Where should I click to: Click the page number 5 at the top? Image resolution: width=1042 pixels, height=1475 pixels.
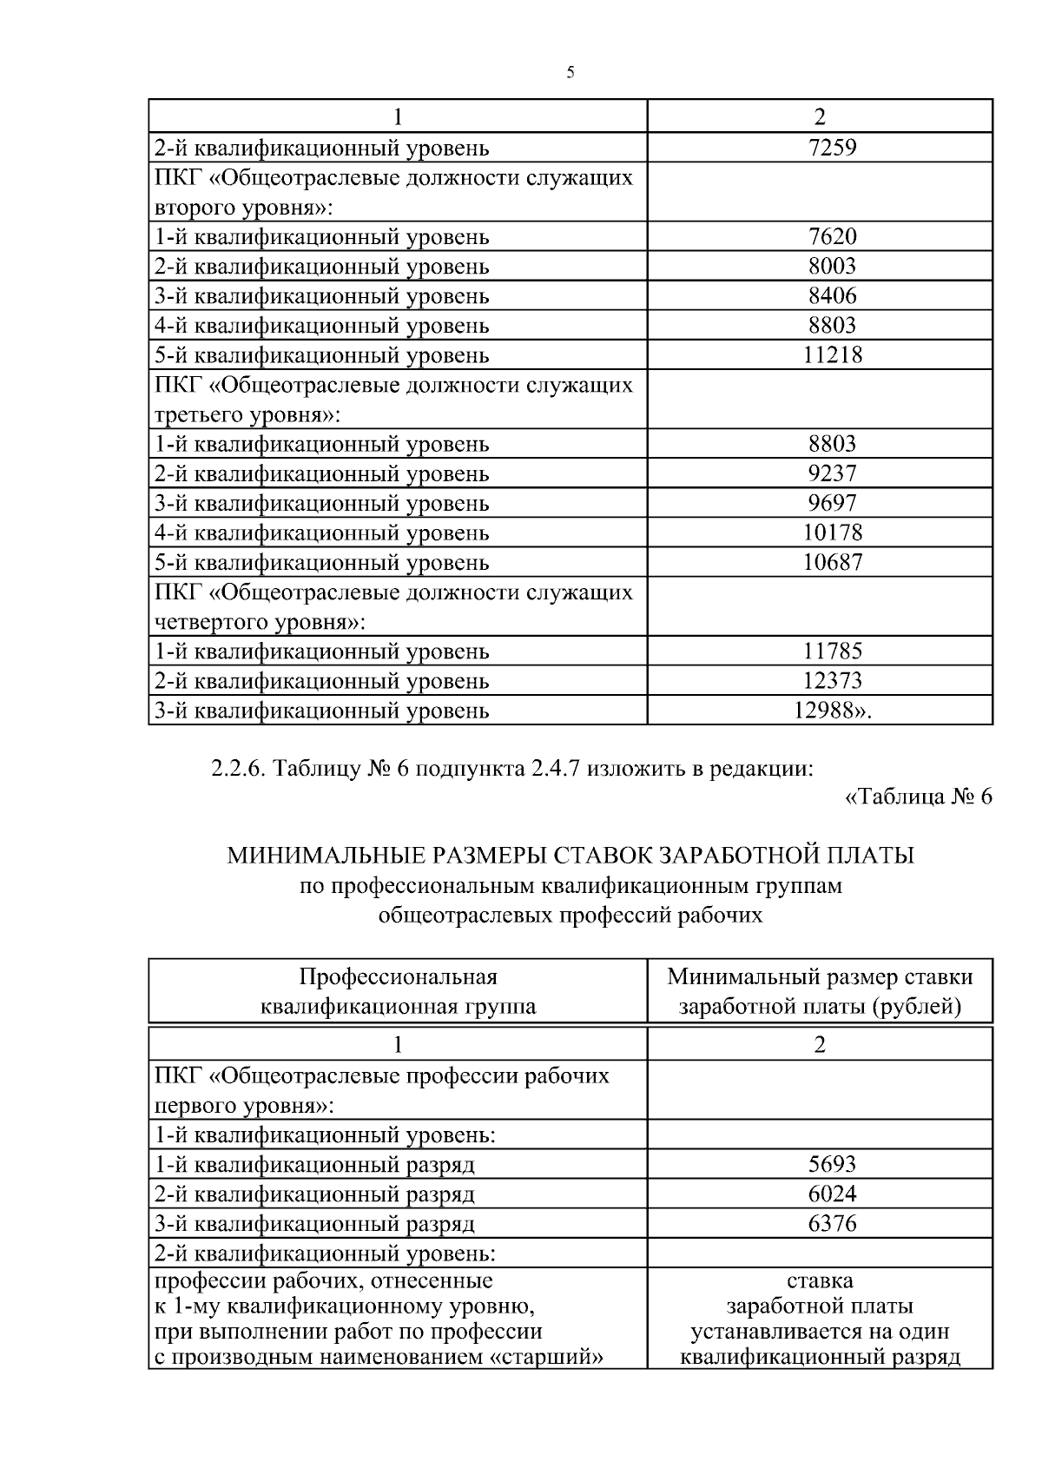[x=570, y=73]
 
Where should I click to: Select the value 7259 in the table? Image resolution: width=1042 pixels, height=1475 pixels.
[x=832, y=148]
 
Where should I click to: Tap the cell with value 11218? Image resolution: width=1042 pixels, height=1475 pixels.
[x=832, y=354]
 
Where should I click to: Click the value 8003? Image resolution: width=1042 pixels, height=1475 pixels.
[x=832, y=266]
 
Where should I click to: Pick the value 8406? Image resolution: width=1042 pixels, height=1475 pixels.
[x=832, y=295]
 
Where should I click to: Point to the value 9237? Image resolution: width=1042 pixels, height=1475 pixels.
[x=832, y=473]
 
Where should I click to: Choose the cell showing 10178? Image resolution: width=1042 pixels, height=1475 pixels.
[x=832, y=532]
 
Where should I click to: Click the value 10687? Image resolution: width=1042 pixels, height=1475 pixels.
[x=832, y=562]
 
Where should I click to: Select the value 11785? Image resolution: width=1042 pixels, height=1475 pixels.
[x=832, y=651]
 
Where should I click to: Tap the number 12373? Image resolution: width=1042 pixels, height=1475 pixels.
[x=832, y=680]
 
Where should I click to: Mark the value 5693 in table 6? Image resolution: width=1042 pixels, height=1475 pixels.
[x=832, y=1164]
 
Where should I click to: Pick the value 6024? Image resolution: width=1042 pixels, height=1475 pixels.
[x=832, y=1194]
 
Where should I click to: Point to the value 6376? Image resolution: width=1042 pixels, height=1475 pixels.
[x=832, y=1223]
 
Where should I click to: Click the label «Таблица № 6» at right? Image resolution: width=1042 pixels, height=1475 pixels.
[x=918, y=797]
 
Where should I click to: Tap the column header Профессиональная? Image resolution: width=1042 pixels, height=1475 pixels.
[x=398, y=976]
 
